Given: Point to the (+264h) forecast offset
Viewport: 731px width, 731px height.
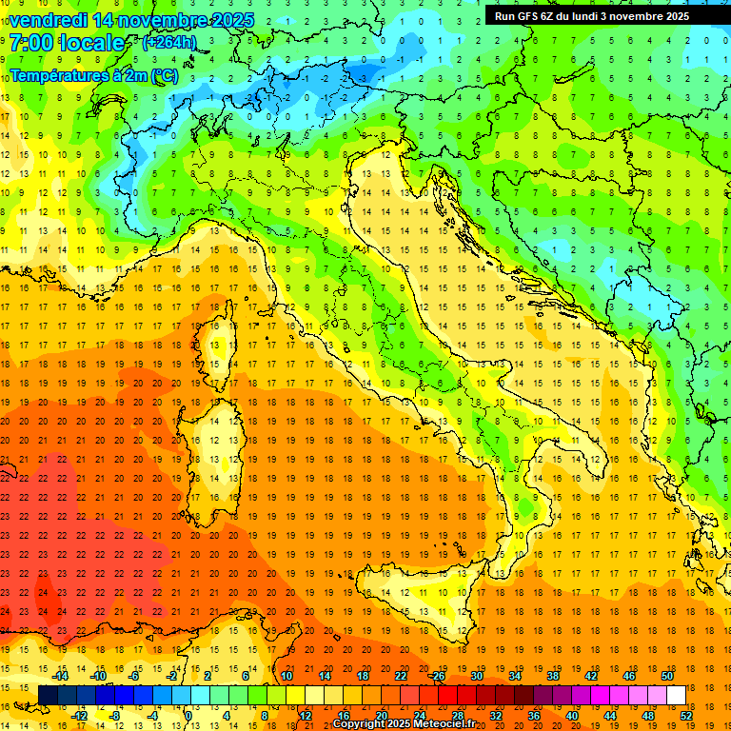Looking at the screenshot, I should (168, 42).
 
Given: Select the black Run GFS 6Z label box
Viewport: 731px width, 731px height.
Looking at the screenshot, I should (600, 15).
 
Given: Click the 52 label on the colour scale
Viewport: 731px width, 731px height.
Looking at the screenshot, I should (686, 716).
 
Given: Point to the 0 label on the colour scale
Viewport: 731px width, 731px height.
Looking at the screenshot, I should (188, 716).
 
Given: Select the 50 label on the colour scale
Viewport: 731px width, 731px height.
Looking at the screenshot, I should (666, 676).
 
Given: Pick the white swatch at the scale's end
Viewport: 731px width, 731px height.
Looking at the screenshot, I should (676, 695).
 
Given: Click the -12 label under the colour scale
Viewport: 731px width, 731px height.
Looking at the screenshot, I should (79, 716).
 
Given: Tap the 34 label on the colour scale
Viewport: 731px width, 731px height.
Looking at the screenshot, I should (514, 676).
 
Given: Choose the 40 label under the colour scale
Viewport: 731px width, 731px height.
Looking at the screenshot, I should (572, 716).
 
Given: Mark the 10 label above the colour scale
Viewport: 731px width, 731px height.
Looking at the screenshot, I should (286, 676).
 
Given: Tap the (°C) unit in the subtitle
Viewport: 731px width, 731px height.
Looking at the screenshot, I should (165, 74).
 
